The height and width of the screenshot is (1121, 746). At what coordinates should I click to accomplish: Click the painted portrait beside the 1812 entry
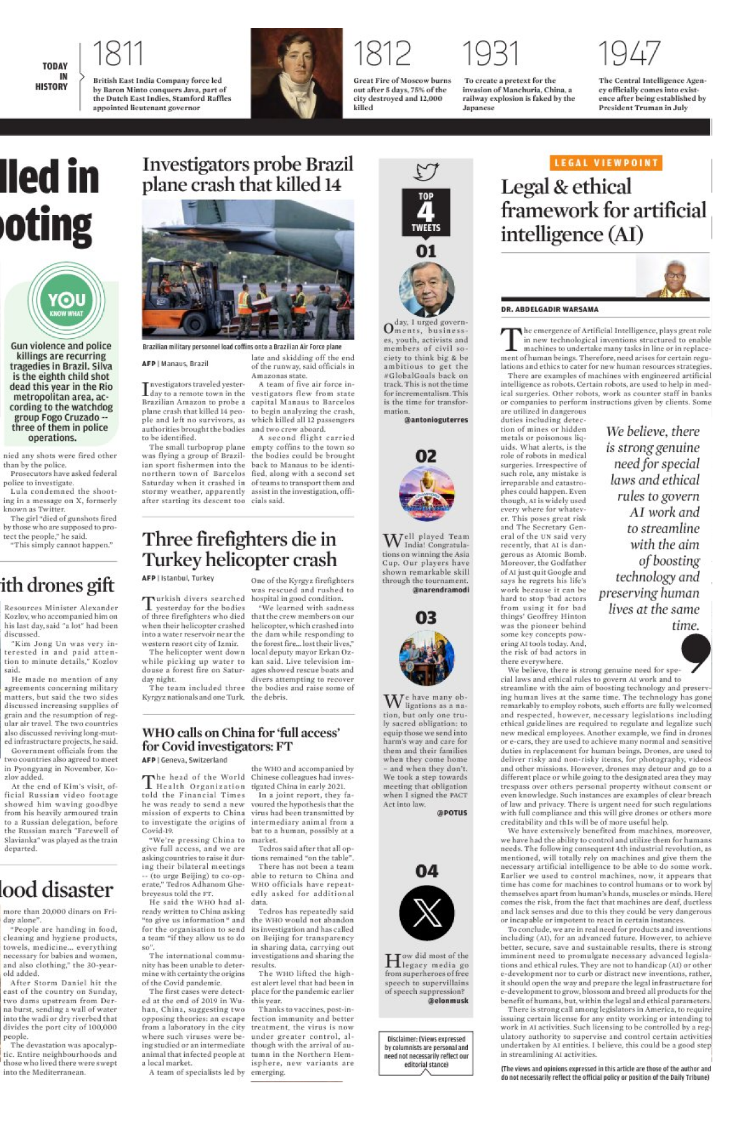(x=297, y=72)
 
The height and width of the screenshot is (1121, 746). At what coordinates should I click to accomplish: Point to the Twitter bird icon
(x=427, y=171)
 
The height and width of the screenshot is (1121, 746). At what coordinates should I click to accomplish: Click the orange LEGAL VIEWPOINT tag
(x=605, y=163)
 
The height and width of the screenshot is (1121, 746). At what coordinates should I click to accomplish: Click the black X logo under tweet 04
(x=427, y=913)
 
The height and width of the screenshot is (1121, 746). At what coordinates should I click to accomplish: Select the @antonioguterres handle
(x=436, y=420)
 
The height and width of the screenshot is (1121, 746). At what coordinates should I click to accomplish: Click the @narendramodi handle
(x=441, y=590)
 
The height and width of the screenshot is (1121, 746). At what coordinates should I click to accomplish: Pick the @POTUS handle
(x=452, y=813)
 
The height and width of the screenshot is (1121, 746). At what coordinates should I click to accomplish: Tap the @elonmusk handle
(x=448, y=1001)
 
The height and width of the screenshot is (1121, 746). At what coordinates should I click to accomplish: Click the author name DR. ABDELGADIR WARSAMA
(x=549, y=310)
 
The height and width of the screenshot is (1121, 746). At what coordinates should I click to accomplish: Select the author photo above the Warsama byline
(x=673, y=277)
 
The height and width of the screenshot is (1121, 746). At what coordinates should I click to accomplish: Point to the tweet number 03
(x=426, y=618)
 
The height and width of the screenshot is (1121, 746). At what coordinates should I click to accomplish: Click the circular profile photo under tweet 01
(x=426, y=289)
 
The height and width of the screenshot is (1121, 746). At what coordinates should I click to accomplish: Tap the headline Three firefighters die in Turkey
(x=240, y=549)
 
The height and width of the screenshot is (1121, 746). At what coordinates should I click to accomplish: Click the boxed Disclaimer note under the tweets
(x=426, y=1052)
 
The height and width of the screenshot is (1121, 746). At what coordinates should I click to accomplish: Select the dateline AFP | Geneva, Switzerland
(x=184, y=760)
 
